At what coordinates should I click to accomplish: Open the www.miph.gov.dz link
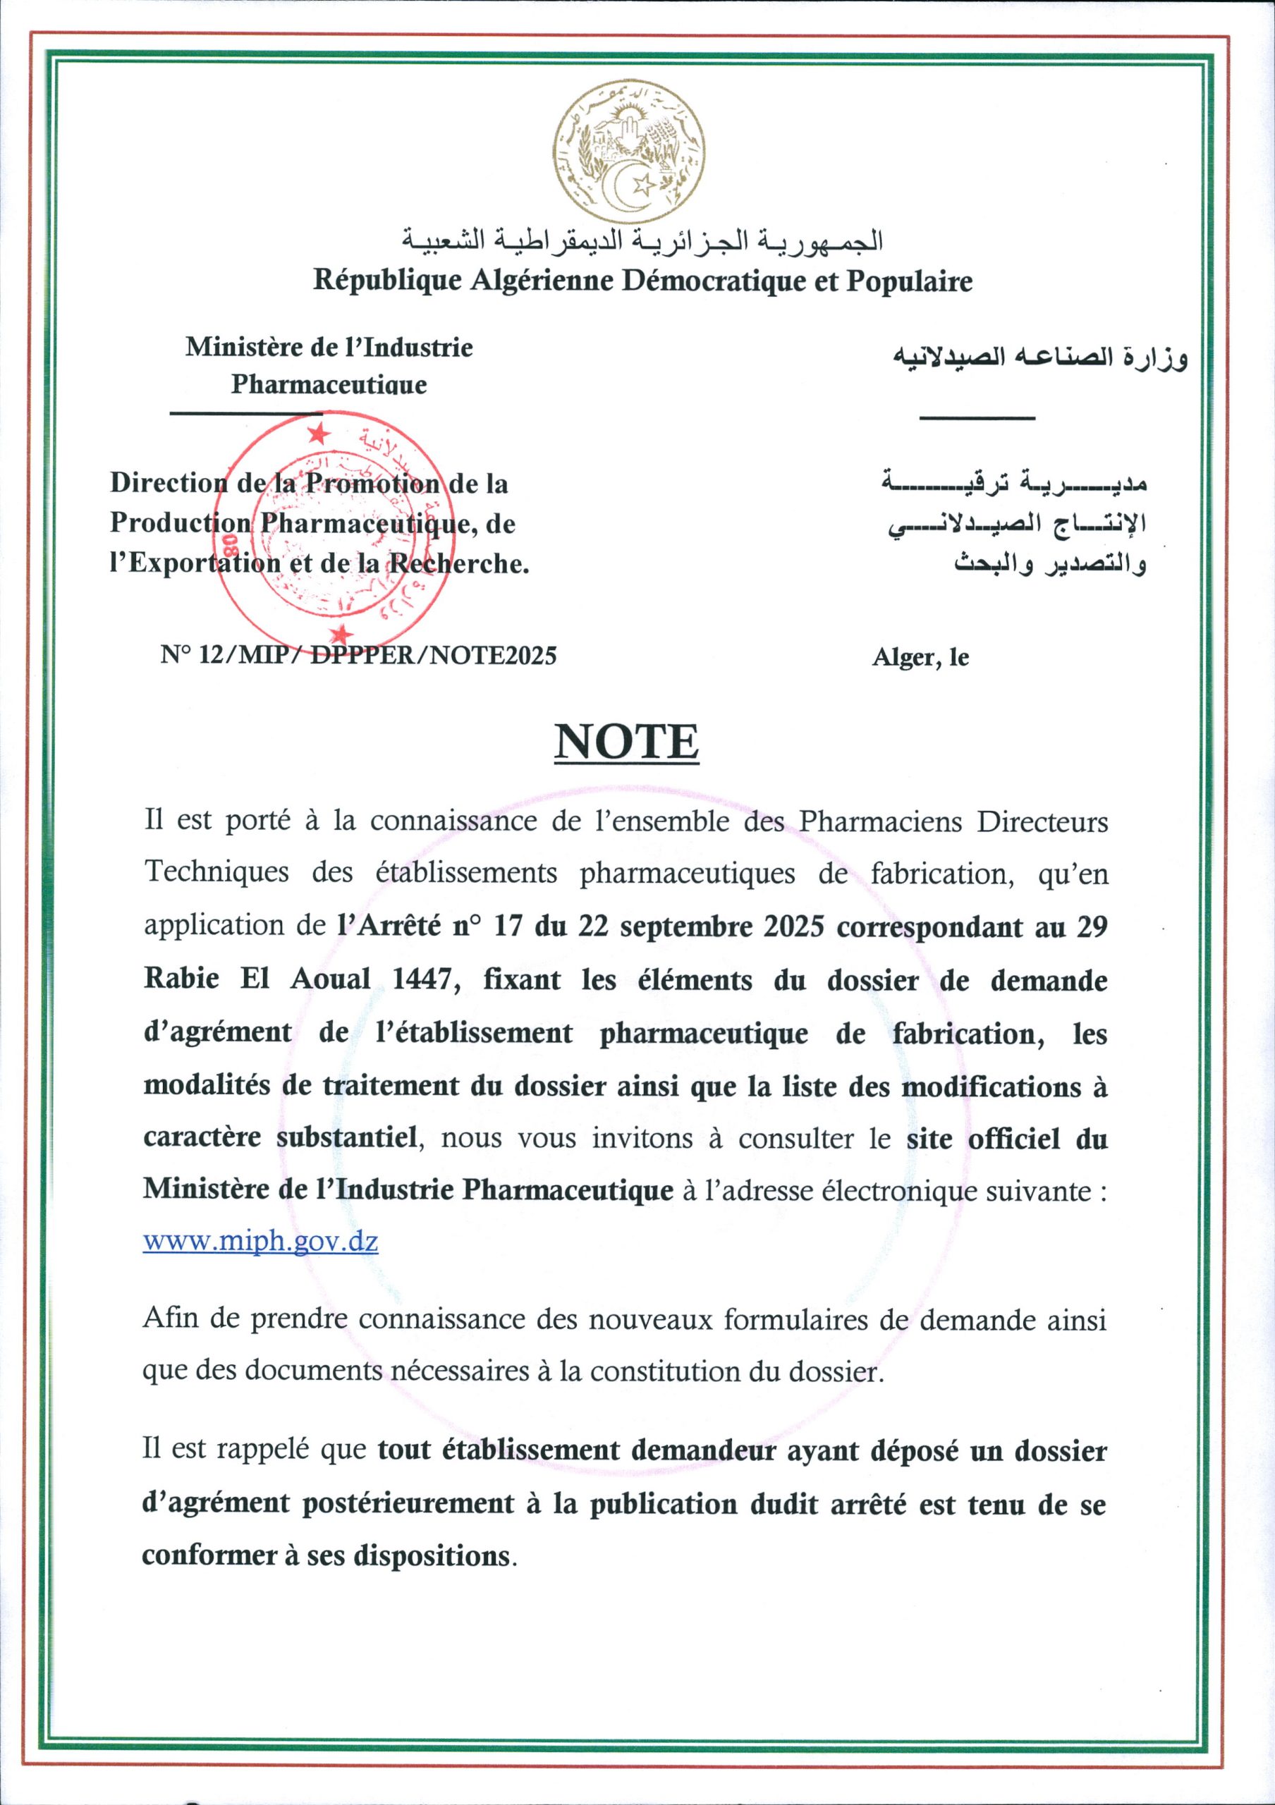(260, 1242)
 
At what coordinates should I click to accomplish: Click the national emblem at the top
(628, 151)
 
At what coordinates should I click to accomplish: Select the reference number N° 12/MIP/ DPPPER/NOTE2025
(358, 655)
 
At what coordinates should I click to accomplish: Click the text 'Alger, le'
(920, 657)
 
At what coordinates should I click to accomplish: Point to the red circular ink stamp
(328, 534)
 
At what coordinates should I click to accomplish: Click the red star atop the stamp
(318, 432)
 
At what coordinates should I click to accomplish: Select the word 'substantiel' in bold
(346, 1137)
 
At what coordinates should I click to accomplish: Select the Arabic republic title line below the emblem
(642, 240)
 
